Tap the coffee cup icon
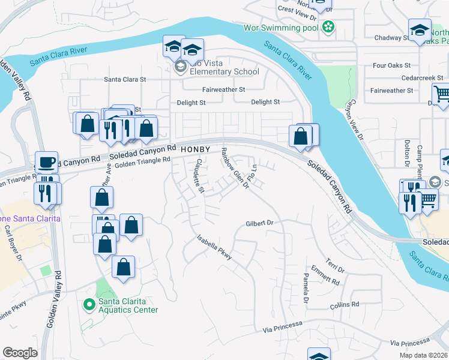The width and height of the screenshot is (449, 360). click(x=46, y=162)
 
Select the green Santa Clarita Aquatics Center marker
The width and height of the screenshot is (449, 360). click(x=89, y=305)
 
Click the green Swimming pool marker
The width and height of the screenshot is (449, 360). click(x=328, y=26)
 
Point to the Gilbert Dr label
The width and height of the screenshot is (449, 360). click(x=259, y=223)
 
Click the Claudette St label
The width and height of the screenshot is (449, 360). click(x=198, y=178)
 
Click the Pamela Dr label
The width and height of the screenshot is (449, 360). click(x=306, y=287)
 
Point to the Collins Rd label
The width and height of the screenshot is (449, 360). click(x=344, y=305)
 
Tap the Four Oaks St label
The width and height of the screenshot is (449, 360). click(x=391, y=65)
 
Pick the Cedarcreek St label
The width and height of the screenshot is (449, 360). click(x=423, y=78)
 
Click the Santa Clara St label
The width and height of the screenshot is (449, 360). click(x=125, y=79)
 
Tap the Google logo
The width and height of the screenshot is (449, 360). click(x=20, y=353)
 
